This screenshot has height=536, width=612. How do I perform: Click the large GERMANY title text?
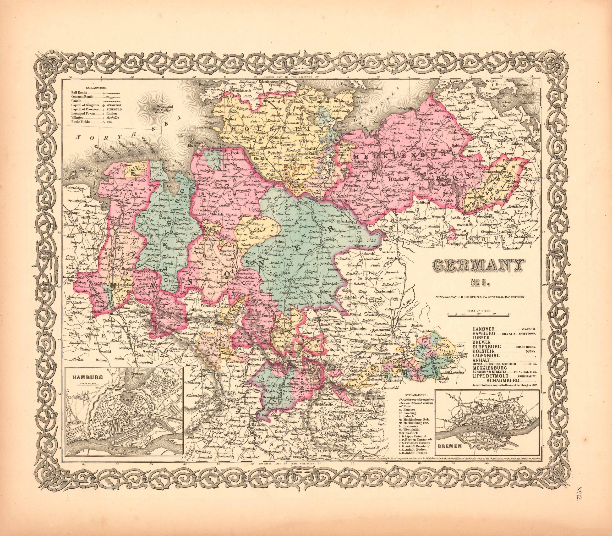click(x=478, y=265)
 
